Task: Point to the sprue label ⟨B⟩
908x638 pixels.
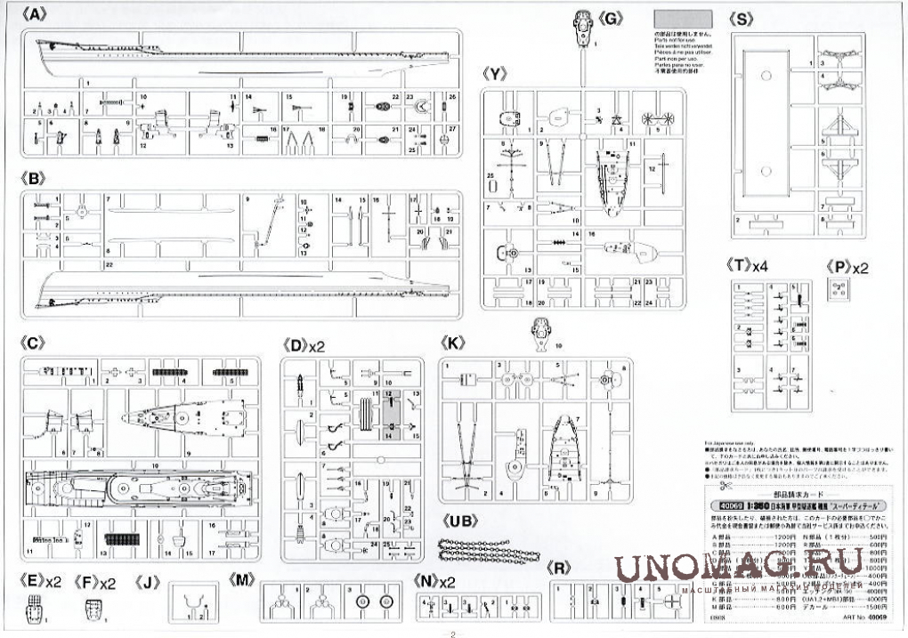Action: pos(31,178)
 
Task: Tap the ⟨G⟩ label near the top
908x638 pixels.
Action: pos(612,17)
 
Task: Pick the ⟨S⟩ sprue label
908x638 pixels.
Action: pos(740,17)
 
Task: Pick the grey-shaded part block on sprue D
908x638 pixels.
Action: pos(393,415)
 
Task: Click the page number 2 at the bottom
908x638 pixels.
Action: pos(452,634)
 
